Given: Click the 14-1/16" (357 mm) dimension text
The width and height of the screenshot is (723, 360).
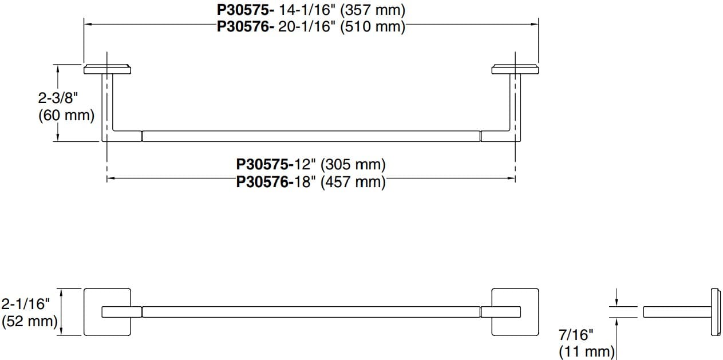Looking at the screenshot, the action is click(342, 10).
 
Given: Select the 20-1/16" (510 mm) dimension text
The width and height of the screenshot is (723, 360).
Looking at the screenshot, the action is click(342, 26).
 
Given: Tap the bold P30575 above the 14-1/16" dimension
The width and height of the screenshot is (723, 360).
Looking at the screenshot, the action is click(246, 10).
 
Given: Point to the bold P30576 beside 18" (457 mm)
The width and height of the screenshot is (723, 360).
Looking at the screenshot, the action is click(264, 182).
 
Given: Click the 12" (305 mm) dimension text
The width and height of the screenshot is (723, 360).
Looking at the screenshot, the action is click(340, 164).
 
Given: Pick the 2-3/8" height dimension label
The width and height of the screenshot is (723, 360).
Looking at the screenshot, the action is click(58, 97).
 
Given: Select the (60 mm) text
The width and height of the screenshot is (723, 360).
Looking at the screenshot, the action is click(66, 116).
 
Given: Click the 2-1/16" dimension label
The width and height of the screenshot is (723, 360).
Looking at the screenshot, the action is click(26, 304).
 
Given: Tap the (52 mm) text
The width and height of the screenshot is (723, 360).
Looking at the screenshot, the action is click(30, 322).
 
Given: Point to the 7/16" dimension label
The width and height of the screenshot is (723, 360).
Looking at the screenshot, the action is click(576, 335).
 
